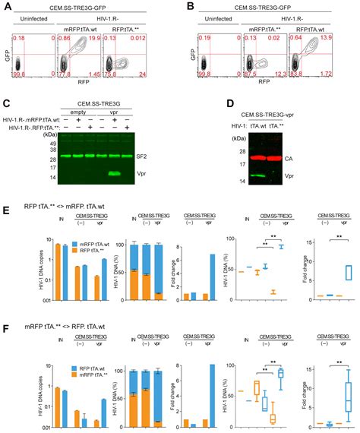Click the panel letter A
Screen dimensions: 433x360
click(7, 7)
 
